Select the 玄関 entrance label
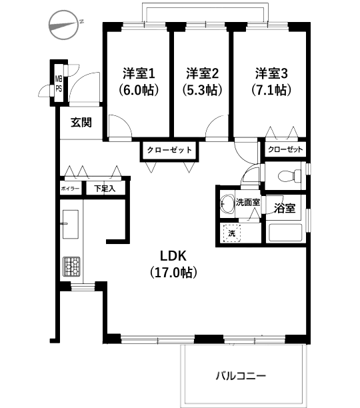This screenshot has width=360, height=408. coord(80,122)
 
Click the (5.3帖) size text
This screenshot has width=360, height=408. coord(202,89)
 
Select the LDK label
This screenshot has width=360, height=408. coord(176,255)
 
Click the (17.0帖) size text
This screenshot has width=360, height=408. coord(176,272)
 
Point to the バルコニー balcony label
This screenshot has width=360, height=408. coord(241,376)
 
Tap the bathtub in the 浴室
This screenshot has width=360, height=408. coord(285,234)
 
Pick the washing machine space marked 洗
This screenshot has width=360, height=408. coord(232,233)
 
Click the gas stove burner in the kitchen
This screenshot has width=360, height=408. coord(71,266)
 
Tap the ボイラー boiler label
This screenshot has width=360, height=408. coord(71,189)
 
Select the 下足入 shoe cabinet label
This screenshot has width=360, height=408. coord(104,189)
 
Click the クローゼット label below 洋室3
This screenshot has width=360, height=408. coord(285,150)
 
